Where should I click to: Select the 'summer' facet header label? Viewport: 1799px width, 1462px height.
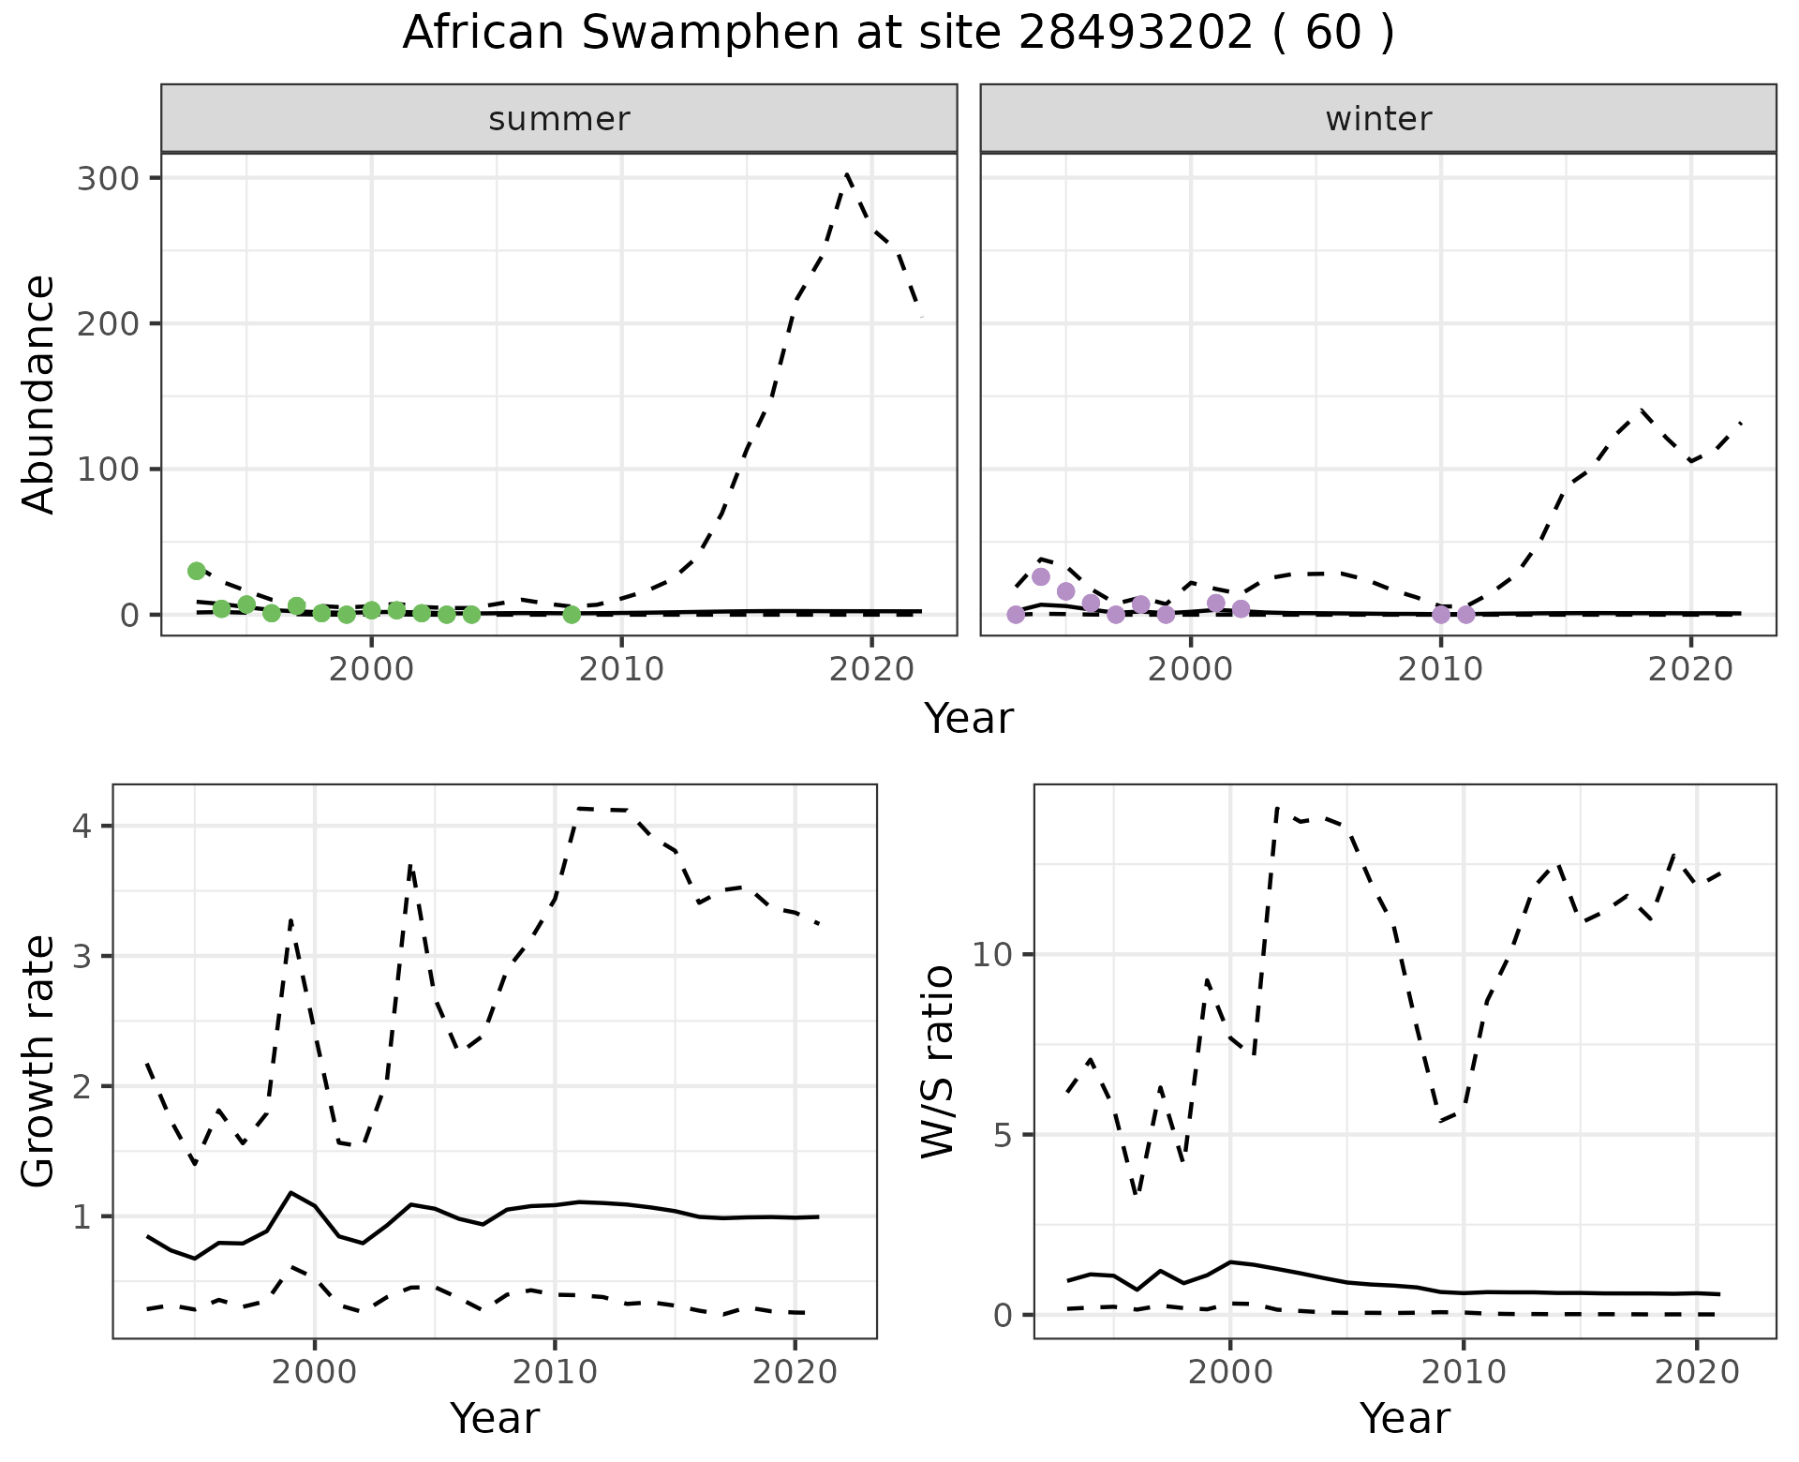(x=558, y=119)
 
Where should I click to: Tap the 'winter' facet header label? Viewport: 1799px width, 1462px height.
(x=1378, y=119)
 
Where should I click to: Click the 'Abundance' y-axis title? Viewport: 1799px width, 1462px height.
(x=39, y=394)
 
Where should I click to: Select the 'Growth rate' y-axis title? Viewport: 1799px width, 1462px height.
(x=39, y=1061)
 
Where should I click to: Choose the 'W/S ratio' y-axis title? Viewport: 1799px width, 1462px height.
(x=937, y=1061)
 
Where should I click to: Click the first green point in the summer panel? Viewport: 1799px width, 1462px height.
(x=196, y=570)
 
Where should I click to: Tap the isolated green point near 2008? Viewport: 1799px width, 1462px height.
(x=572, y=614)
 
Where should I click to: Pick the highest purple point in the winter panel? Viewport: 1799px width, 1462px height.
(x=1040, y=576)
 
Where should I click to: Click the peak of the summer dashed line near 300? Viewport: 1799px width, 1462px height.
(x=847, y=174)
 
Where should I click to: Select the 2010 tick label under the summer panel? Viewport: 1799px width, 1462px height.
(x=621, y=669)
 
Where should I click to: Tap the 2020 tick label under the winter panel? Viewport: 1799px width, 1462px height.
(x=1689, y=669)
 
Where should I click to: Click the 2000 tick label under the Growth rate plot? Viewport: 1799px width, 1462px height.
(x=315, y=1372)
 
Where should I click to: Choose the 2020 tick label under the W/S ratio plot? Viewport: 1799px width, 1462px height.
(x=1697, y=1372)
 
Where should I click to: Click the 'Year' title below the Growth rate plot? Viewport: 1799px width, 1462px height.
(x=495, y=1418)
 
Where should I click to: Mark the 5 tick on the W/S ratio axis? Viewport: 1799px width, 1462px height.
(x=1003, y=1135)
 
